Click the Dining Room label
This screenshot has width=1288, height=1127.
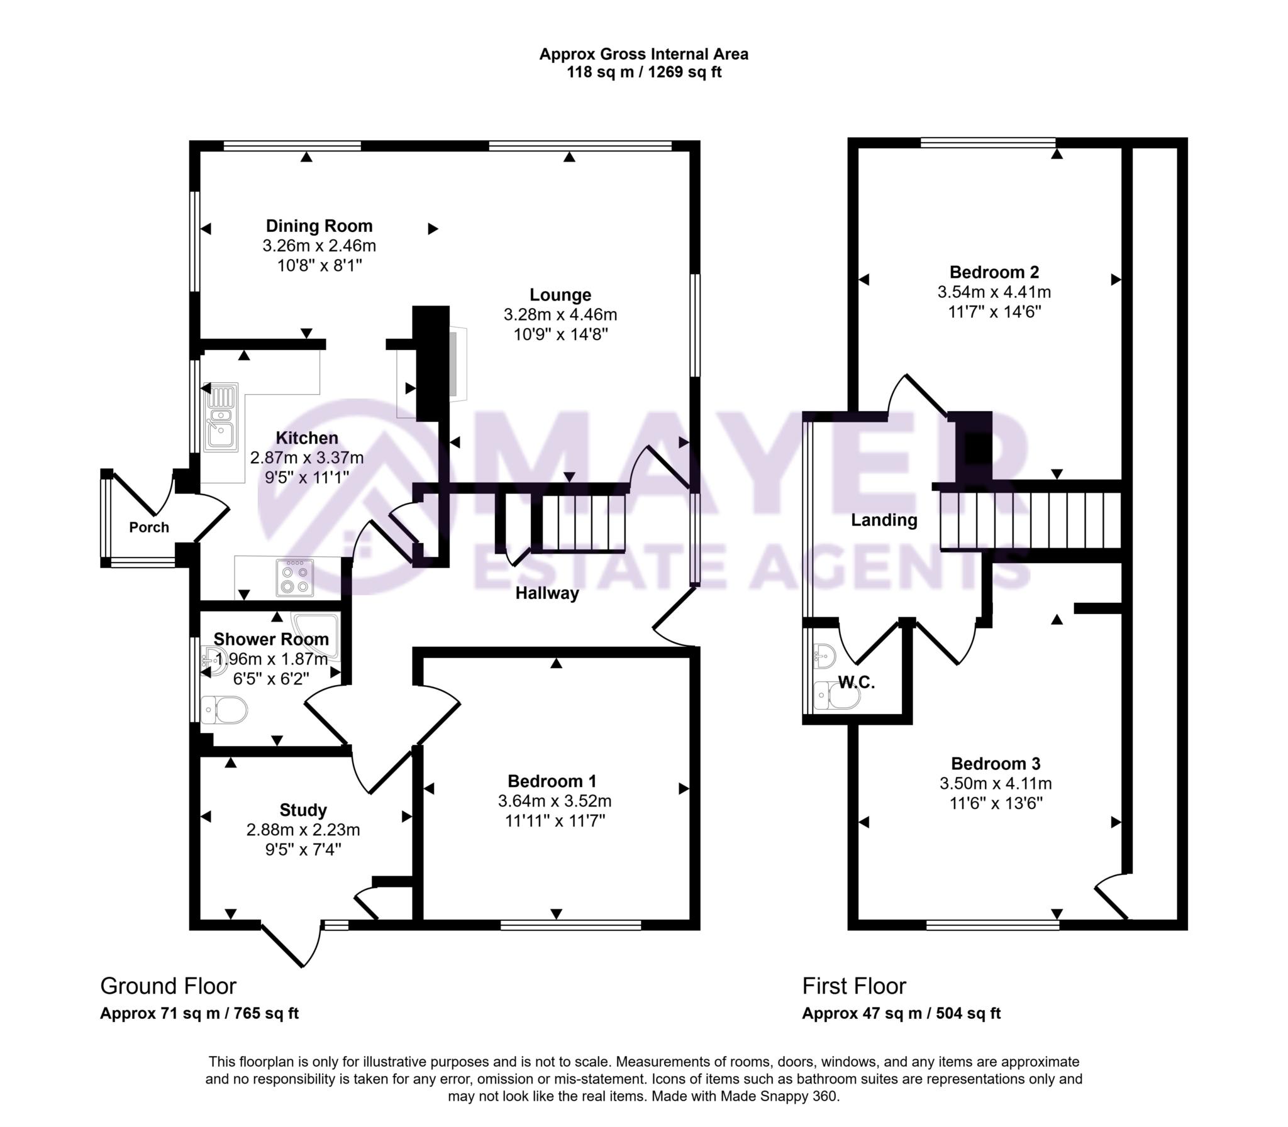tap(319, 226)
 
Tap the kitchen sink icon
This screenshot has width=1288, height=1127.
tap(219, 416)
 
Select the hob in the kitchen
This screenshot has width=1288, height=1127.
tap(294, 577)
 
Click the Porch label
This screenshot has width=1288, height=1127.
tap(149, 527)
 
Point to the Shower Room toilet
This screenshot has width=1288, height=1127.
tap(225, 711)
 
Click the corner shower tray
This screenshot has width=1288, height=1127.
tap(321, 632)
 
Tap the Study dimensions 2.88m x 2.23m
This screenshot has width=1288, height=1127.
tap(303, 830)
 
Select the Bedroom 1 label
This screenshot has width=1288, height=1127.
tap(552, 781)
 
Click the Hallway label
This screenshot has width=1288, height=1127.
tap(547, 593)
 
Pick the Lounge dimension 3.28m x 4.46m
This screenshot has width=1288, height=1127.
tap(560, 314)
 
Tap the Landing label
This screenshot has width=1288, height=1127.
tap(884, 520)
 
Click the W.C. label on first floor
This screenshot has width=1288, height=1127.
tap(857, 683)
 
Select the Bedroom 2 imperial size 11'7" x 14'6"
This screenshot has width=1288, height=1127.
tap(994, 312)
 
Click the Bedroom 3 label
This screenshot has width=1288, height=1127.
tap(996, 764)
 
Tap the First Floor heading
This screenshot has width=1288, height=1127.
tap(854, 986)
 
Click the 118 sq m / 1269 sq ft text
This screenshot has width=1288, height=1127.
tap(643, 72)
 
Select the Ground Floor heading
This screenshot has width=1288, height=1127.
tap(168, 986)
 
